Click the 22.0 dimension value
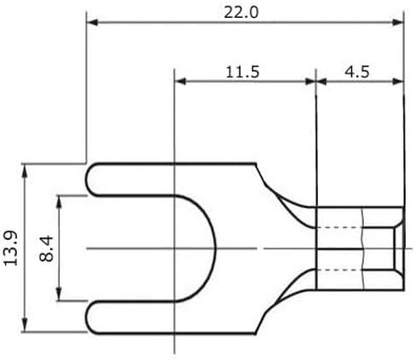point(241,13)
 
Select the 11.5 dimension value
point(242,72)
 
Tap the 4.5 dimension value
point(357,72)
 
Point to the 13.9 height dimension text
point(10,249)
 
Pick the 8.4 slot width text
point(46,249)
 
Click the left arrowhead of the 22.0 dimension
point(92,22)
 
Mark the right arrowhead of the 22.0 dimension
point(397,22)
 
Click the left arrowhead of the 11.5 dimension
point(180,82)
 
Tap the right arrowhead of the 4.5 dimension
point(397,82)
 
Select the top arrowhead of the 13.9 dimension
point(25,170)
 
